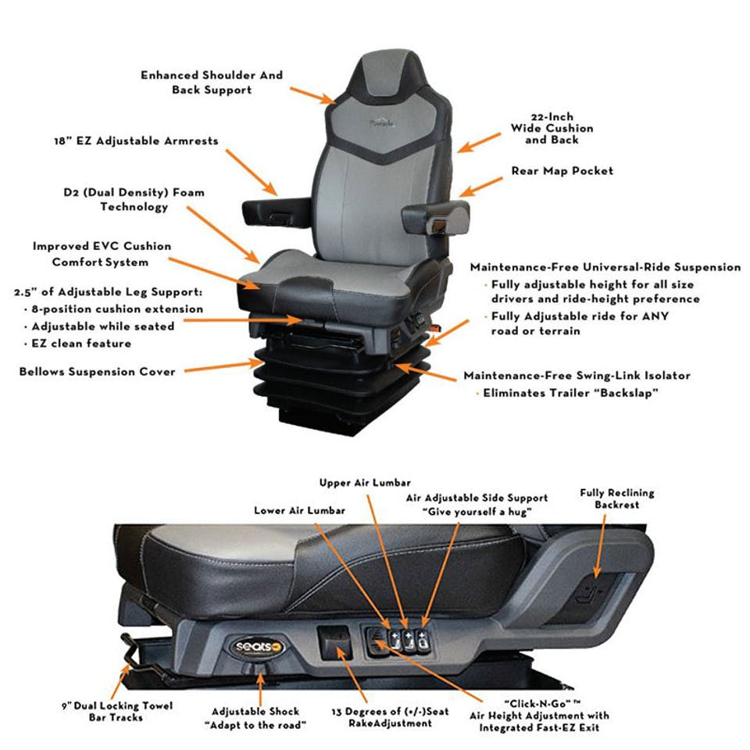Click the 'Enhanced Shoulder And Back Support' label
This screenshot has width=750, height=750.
pos(212,83)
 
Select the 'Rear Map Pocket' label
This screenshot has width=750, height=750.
pos(562,170)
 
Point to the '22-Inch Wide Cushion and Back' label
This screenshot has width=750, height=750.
pos(552,128)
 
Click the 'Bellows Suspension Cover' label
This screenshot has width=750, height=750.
pos(98,371)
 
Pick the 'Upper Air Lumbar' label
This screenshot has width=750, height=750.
pos(365,483)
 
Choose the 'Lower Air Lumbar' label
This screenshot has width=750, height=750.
pos(301,511)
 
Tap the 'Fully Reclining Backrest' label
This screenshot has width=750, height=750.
pos(616,499)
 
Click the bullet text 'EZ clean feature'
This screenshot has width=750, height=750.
pos(81,344)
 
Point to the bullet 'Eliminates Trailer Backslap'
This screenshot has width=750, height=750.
pos(570,393)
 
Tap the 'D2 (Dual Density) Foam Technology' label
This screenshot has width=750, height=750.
pos(134,199)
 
